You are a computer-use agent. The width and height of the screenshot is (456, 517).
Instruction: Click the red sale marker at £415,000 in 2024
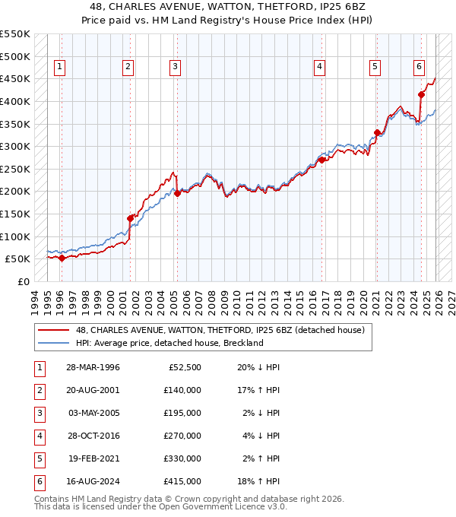coord(421,94)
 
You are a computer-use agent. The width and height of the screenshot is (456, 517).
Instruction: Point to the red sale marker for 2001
coord(130,218)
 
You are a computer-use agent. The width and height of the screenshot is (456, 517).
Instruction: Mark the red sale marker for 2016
coord(321,160)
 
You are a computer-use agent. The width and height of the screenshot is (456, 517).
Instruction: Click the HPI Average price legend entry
coord(169,343)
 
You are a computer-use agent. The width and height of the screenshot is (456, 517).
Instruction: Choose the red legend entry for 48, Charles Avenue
coord(220,330)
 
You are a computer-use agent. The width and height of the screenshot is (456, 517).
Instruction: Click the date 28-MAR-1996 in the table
coord(92,367)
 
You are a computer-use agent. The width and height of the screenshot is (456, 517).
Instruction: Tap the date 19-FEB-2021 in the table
coord(92,458)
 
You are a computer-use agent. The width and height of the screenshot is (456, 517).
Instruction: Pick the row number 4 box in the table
coord(38,436)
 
